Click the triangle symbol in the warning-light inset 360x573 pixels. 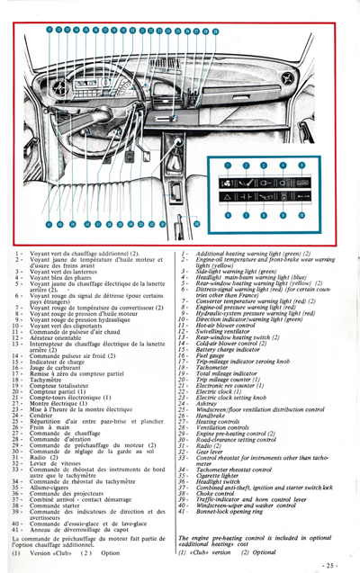click(228, 195)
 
